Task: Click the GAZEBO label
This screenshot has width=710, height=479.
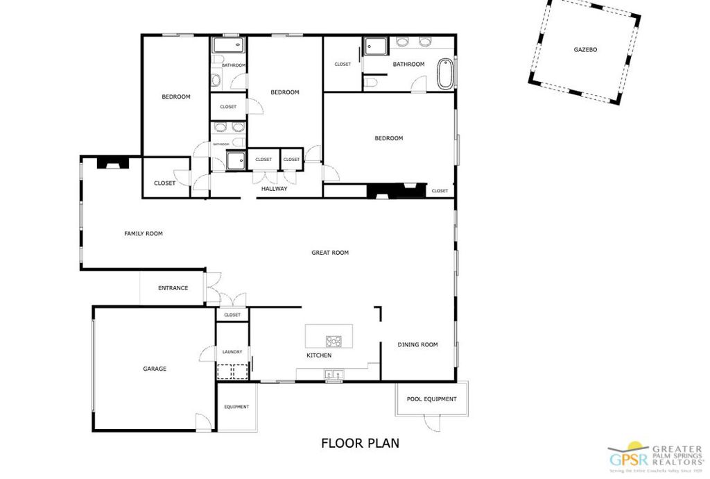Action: click(585, 50)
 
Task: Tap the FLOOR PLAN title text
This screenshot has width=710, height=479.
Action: click(360, 443)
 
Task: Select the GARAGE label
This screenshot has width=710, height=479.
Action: click(155, 369)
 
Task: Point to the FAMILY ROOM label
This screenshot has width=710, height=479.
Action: click(144, 234)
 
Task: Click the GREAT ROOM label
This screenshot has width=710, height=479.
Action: click(330, 253)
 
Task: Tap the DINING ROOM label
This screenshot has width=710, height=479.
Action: click(417, 344)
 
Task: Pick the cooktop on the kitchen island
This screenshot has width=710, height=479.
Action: click(334, 341)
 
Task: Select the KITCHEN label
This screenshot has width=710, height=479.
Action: click(319, 355)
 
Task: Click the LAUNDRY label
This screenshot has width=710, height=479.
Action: click(232, 352)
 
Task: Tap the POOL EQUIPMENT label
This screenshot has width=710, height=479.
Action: click(431, 399)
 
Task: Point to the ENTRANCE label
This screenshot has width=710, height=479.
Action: click(173, 288)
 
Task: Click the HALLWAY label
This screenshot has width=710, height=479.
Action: click(274, 189)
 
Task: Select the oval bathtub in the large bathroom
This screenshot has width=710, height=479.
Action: click(445, 74)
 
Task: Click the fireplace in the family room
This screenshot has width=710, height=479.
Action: click(112, 164)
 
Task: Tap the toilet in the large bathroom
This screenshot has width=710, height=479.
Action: click(372, 83)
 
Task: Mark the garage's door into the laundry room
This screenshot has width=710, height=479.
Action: click(207, 353)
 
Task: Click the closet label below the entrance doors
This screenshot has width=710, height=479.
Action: click(232, 315)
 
